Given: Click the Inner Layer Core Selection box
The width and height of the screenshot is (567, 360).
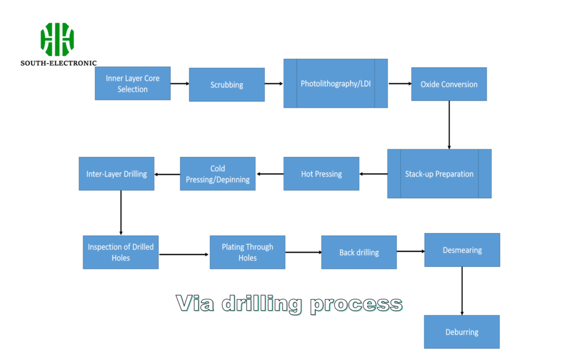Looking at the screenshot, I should coord(132,84).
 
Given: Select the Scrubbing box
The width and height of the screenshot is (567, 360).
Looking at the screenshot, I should coord(226,85).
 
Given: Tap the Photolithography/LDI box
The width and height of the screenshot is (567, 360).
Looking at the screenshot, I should coord(335,84).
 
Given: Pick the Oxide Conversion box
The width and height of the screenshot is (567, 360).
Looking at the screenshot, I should coord(449,84).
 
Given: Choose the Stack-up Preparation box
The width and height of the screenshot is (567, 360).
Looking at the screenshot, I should coord(439,174).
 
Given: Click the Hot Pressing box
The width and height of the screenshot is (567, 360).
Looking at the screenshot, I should coord(321,174).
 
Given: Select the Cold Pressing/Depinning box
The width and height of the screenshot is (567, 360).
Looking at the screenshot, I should coord(218,174).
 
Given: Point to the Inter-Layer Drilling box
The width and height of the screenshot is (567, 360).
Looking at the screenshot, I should coord(116,174).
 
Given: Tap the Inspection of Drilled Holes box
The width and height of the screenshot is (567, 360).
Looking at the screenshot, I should coord(121,252).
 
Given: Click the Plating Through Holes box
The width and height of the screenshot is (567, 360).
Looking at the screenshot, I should coord(248,252).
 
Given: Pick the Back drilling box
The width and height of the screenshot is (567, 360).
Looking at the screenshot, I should coord(359,253).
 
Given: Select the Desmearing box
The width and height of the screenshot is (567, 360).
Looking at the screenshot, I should coord(462,250).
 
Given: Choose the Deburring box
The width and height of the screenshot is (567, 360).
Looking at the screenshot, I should coord(462,332).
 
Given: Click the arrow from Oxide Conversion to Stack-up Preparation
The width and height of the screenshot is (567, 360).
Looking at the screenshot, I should coord(449,125).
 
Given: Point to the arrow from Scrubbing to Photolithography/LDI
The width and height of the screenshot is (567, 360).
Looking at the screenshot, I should coord(274,84).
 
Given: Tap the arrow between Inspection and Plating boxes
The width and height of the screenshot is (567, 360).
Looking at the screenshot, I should coord(184,254).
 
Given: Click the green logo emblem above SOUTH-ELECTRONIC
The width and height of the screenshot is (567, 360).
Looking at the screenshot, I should coord(58,39).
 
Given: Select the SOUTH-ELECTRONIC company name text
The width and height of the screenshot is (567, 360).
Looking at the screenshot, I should coord(59,63).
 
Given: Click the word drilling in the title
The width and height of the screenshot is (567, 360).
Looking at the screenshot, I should coord(262,304).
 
